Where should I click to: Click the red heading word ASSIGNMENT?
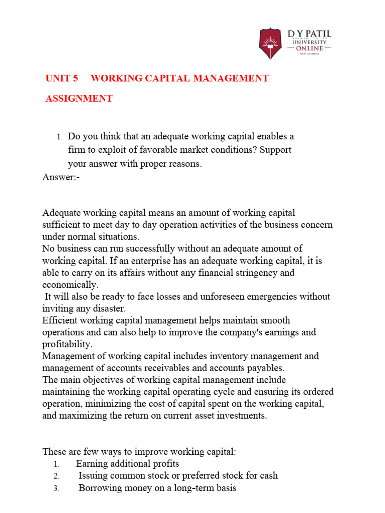pyautogui.click(x=79, y=99)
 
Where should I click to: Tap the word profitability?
pyautogui.click(x=67, y=344)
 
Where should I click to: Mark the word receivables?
pyautogui.click(x=165, y=368)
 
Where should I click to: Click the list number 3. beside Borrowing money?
pyautogui.click(x=56, y=488)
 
